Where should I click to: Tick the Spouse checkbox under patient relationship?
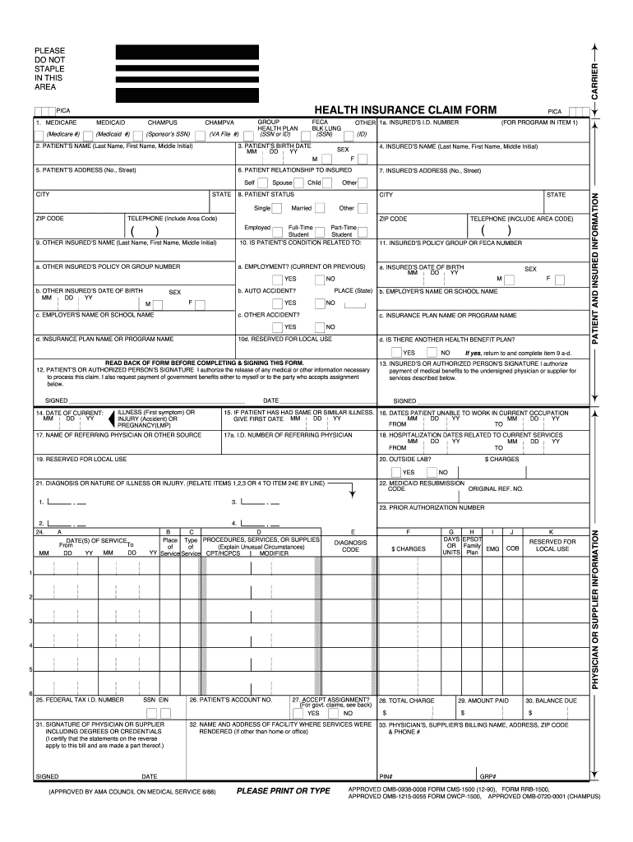[288, 183]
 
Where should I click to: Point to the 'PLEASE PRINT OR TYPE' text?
[283, 791]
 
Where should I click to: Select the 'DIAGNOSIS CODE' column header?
[351, 546]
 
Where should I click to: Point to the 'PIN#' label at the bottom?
[385, 776]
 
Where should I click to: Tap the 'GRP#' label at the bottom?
[487, 776]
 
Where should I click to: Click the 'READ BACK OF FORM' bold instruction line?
[205, 363]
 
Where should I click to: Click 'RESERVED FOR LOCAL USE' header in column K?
[552, 545]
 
